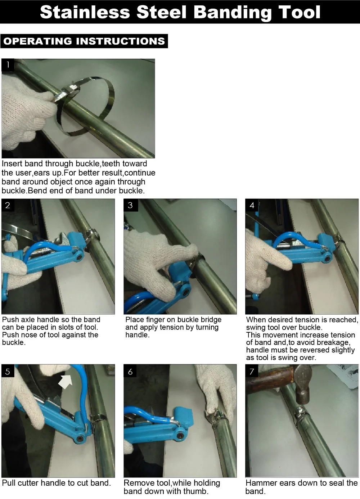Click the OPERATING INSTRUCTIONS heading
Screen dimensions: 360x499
tap(84, 41)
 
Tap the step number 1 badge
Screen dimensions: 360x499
tap(8, 65)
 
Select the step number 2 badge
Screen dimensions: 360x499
tap(8, 205)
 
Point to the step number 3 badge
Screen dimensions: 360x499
tap(131, 205)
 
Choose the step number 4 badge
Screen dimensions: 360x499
tap(252, 205)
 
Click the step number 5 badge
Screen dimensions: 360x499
tap(8, 371)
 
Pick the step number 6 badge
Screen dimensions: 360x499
tap(130, 371)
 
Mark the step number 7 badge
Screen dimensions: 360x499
tap(252, 371)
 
